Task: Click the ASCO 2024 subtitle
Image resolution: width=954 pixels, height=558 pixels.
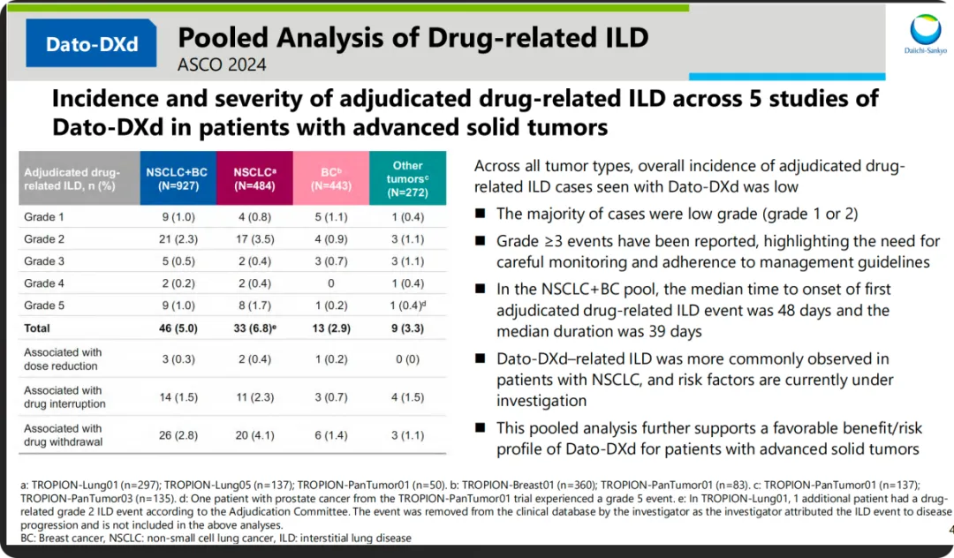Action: pyautogui.click(x=222, y=64)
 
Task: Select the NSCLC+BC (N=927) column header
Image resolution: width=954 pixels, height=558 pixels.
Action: pyautogui.click(x=176, y=178)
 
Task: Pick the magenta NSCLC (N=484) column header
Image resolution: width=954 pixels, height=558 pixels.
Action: pyautogui.click(x=254, y=178)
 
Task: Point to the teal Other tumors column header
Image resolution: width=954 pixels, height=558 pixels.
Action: pyautogui.click(x=407, y=178)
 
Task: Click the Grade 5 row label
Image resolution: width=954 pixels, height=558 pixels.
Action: pyautogui.click(x=45, y=305)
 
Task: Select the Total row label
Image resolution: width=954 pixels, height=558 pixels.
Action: pyautogui.click(x=39, y=328)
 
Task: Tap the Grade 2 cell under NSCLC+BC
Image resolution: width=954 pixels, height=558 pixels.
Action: pyautogui.click(x=176, y=239)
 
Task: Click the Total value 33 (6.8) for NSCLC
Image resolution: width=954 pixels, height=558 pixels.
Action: pyautogui.click(x=255, y=328)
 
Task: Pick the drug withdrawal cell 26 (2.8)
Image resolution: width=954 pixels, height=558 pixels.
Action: pyautogui.click(x=176, y=435)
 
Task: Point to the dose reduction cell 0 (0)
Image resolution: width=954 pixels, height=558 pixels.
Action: pyautogui.click(x=407, y=359)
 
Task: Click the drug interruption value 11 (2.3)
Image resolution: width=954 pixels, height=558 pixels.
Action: pyautogui.click(x=254, y=397)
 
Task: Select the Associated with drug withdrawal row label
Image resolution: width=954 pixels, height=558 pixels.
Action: pyautogui.click(x=64, y=435)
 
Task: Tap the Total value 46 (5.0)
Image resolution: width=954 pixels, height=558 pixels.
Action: pyautogui.click(x=176, y=328)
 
